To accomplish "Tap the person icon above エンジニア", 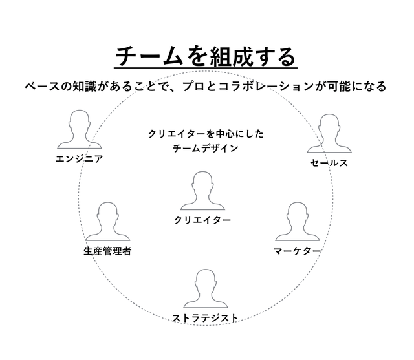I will pos(79,131).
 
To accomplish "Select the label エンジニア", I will pos(79,158).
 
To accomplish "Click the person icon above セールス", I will pos(329,134).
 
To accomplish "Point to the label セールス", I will pos(329,163).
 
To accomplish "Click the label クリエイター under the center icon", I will pos(202,220).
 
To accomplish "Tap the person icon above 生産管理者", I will pos(107,222).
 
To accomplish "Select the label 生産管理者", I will pos(107,251).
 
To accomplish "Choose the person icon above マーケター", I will pos(296,222).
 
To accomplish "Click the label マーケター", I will pos(297,250).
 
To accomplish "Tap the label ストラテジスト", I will pos(205,317).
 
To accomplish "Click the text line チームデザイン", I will pos(206,148).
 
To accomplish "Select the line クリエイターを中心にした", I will pos(206,134).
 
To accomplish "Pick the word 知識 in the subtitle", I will pos(82,87).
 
